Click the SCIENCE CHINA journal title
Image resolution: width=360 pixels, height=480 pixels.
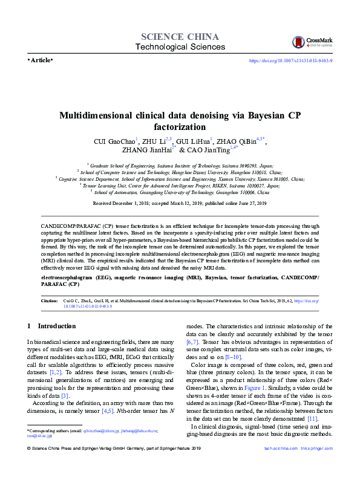click(x=180, y=36)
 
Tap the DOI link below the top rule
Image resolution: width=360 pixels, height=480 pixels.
click(x=291, y=61)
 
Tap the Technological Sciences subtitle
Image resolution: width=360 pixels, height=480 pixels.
click(x=180, y=47)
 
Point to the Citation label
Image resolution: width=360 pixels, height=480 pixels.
click(x=49, y=300)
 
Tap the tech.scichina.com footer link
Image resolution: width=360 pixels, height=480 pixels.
click(x=282, y=465)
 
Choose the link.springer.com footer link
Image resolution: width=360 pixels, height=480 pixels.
click(x=317, y=465)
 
